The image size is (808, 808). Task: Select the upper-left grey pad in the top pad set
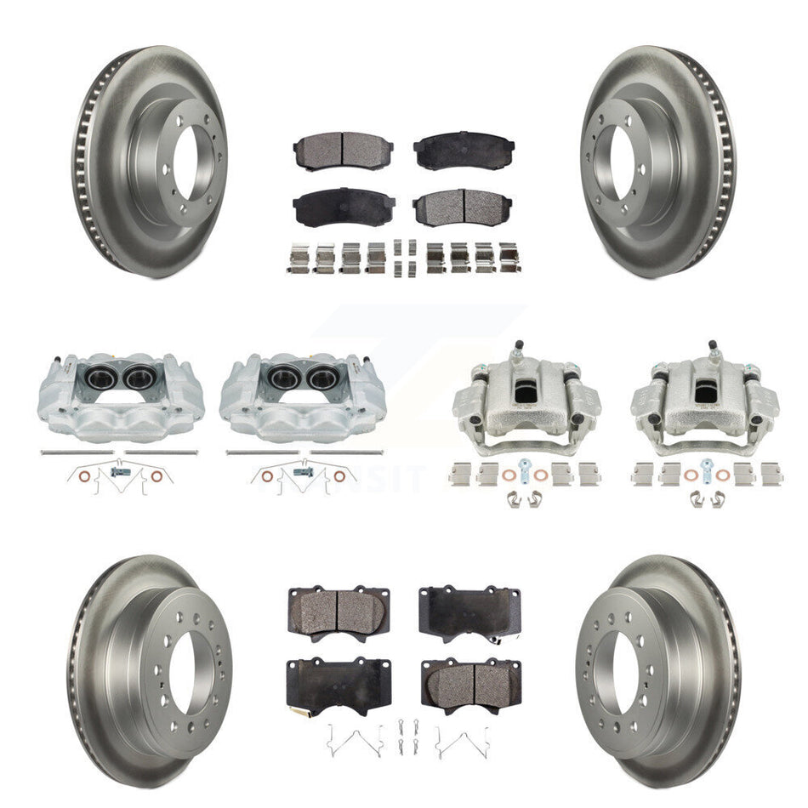point(331,150)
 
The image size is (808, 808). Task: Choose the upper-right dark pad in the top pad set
point(463,150)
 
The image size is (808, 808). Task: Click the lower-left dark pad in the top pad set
point(331,205)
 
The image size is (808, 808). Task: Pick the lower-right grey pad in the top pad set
point(463,205)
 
